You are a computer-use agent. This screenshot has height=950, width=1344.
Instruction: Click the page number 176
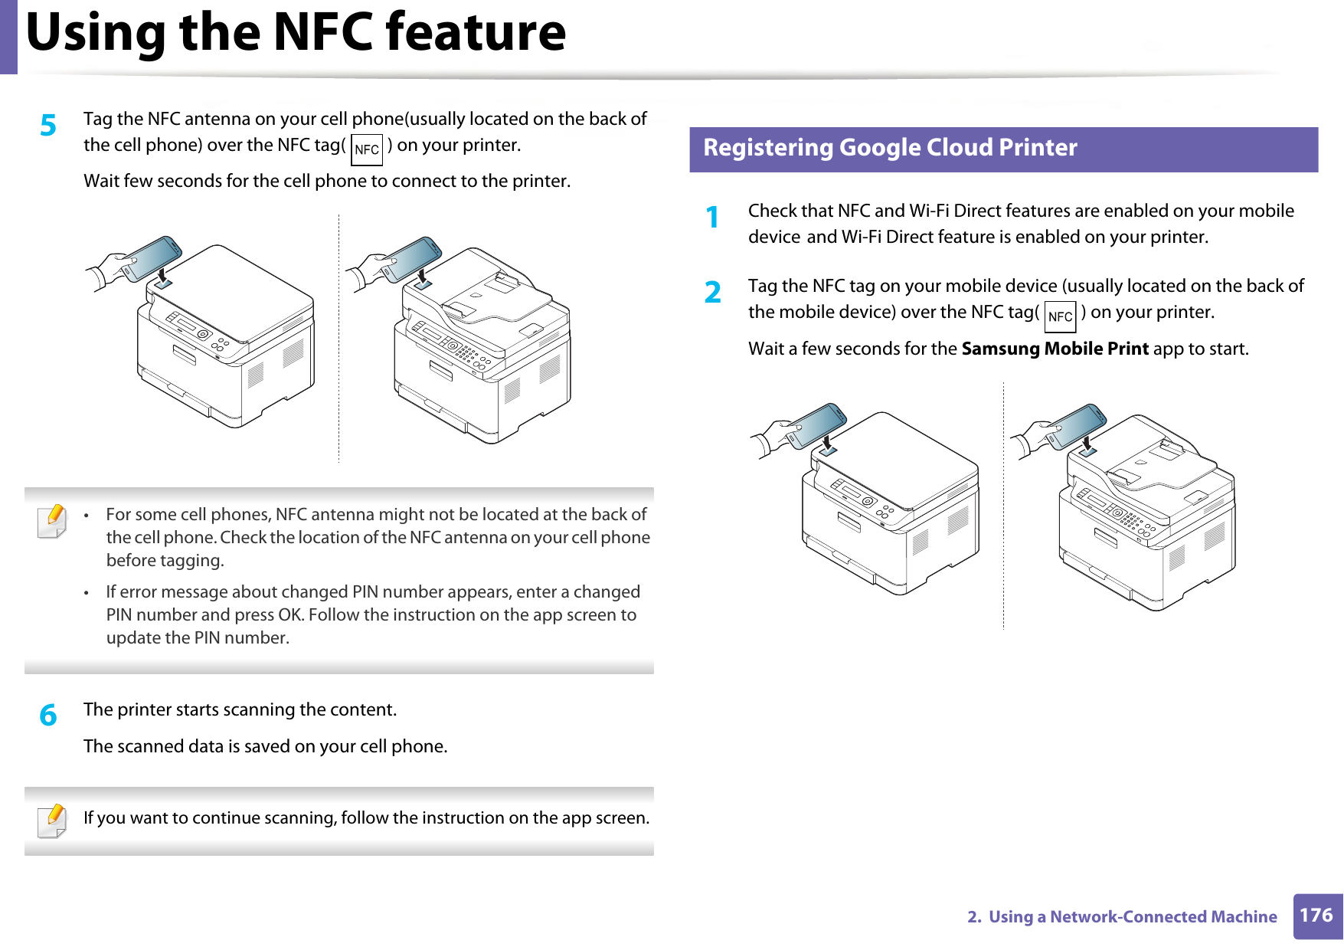pos(1316,916)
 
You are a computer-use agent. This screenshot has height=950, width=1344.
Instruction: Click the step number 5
pos(48,125)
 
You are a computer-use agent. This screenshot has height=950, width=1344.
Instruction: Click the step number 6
pos(48,716)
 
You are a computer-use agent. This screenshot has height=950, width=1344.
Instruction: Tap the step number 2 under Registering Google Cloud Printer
pos(713,292)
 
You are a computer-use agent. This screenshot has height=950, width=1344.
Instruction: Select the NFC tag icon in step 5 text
pos(367,149)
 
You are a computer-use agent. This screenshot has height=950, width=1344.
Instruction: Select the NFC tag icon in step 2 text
pos(1060,316)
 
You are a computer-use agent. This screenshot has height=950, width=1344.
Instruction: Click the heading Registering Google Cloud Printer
pos(890,147)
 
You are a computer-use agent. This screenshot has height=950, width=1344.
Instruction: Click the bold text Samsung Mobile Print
pos(1055,349)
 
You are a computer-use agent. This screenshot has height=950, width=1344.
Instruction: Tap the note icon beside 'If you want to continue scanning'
pos(52,821)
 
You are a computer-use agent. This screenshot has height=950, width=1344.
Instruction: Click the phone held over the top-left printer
pos(152,257)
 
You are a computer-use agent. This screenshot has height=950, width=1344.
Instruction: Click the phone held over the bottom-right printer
pos(1077,425)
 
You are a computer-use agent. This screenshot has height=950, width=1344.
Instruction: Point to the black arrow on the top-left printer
pos(162,274)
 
